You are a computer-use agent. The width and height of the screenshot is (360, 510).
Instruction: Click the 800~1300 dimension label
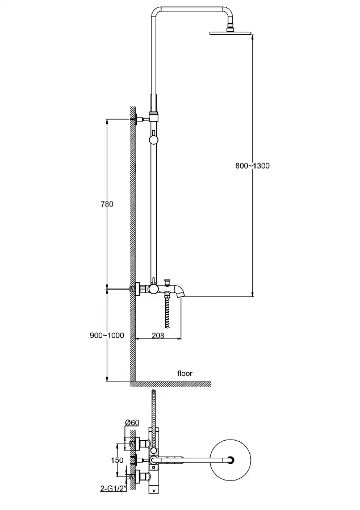pos(252,166)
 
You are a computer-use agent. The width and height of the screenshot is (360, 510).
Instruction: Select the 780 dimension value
pos(107,204)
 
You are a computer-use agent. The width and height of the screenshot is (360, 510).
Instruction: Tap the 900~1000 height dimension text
pos(107,335)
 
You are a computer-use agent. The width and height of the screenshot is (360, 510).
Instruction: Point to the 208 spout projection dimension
pos(158,335)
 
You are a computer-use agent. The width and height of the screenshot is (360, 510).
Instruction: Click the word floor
pos(185,373)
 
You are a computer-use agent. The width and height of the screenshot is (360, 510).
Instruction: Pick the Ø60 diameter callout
pos(132,423)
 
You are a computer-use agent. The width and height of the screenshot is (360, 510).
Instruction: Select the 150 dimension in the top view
pos(117,460)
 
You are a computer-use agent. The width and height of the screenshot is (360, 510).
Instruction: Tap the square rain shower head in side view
pos(232,32)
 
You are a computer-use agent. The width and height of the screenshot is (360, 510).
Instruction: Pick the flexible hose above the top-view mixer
pos(153,411)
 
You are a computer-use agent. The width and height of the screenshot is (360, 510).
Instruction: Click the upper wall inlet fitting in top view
pos(139,443)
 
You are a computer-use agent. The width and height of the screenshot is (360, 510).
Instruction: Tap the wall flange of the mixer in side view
pos(137,289)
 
